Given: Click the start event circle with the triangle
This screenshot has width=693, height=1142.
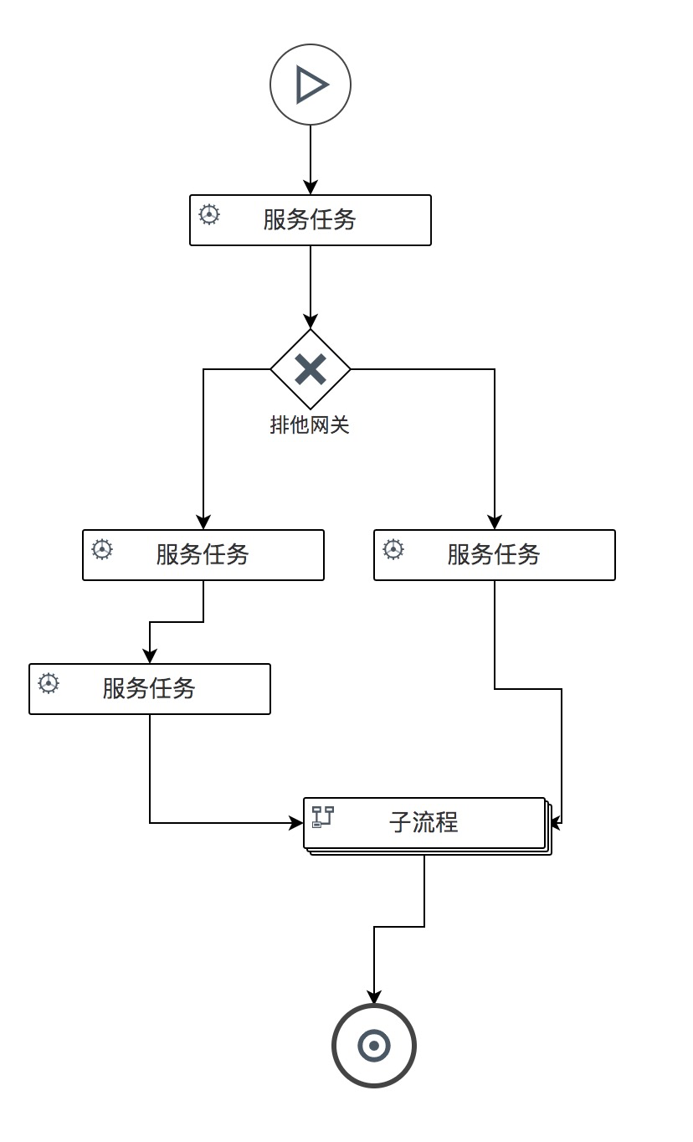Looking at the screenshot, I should pos(311,85).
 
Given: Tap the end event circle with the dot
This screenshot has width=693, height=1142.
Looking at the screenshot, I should pos(374,1045).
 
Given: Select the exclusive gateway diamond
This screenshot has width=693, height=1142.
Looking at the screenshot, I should pos(311,369).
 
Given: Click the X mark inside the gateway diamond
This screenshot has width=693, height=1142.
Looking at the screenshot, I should pos(311,369).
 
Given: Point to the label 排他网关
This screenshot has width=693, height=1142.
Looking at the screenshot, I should pos(310,425).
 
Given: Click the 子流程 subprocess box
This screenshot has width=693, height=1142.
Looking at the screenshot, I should pos(424,823).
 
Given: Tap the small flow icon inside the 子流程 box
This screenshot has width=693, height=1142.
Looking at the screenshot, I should pos(323,816).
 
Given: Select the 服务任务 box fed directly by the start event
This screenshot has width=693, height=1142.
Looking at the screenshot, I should pos(311,220).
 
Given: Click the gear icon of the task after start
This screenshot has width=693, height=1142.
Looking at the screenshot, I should pos(209,214).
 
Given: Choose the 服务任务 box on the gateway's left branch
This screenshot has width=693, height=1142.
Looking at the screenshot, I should pos(203,555).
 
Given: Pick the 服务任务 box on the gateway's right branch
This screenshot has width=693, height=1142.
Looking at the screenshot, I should pos(495,555).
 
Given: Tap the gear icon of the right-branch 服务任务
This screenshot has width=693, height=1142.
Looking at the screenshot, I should pos(393,549).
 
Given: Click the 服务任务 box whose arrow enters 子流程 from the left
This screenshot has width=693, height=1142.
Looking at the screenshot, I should pos(150,689).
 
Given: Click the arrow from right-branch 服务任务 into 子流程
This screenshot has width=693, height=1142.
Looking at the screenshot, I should pos(562,754).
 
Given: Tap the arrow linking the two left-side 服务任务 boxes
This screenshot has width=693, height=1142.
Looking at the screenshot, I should pos(176,622).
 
